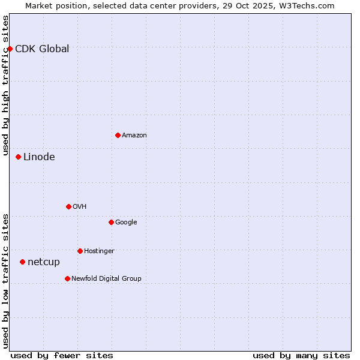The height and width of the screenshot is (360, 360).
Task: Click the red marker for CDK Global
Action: coord(10,49)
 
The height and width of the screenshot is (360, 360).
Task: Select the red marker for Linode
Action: coord(18,157)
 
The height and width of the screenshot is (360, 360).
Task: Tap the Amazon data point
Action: coord(118,135)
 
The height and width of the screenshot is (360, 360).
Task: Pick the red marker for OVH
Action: coord(68,206)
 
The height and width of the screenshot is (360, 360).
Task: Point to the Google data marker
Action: coord(111,222)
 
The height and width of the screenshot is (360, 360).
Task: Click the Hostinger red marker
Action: coord(80,251)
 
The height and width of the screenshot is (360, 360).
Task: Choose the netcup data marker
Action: coord(22,262)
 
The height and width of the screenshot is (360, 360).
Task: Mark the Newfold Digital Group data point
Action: coord(67,278)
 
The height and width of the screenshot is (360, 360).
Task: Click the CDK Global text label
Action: coord(42,49)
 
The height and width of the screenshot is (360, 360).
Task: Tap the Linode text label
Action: coord(39,157)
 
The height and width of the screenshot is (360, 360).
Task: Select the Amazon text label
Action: coord(134,136)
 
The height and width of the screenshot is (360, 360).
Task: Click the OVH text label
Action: coord(80,207)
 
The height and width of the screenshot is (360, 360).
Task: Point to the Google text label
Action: coord(126,223)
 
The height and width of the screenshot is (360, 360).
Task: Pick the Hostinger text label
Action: coord(99,251)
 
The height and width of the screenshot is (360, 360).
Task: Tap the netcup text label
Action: coord(44,262)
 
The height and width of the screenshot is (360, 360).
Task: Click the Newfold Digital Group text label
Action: coord(106,279)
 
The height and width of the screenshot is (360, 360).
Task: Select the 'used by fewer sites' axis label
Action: coord(62,355)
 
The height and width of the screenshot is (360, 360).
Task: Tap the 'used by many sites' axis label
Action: coord(301,355)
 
